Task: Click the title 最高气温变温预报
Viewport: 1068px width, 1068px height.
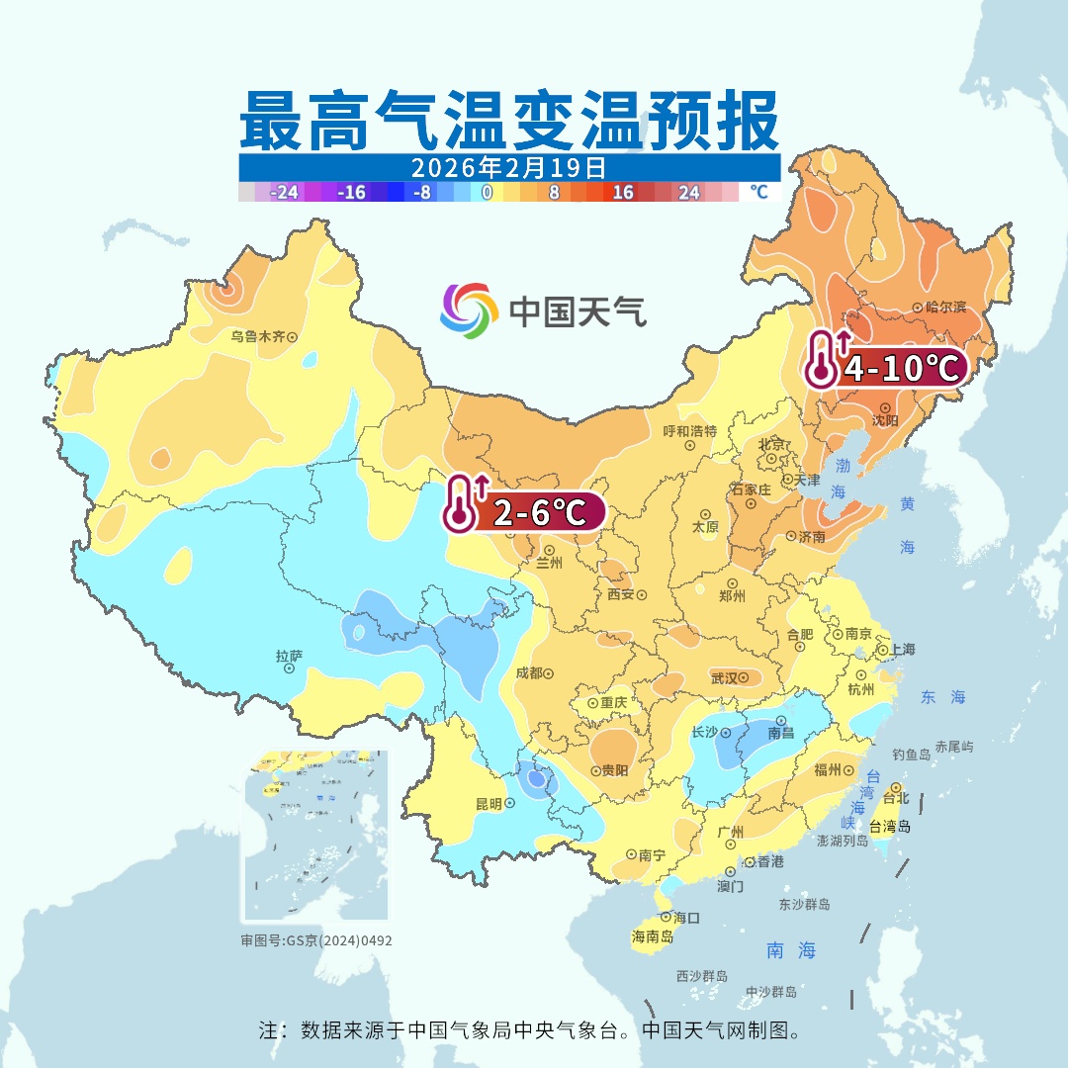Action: pyautogui.click(x=508, y=120)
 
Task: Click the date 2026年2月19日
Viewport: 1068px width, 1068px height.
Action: pyautogui.click(x=508, y=166)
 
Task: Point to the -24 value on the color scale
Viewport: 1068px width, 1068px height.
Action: pyautogui.click(x=285, y=193)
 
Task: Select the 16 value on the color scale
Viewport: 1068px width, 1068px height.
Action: pyautogui.click(x=622, y=193)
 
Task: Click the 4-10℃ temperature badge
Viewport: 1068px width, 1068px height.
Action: pyautogui.click(x=900, y=369)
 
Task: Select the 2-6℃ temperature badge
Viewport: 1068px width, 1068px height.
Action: pyautogui.click(x=535, y=511)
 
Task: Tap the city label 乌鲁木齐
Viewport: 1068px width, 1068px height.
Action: pyautogui.click(x=257, y=337)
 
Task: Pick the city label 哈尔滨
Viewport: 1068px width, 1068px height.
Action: pyautogui.click(x=945, y=308)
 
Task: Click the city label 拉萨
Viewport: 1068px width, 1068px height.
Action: pyautogui.click(x=289, y=655)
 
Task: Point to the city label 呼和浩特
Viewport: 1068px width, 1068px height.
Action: pyautogui.click(x=689, y=431)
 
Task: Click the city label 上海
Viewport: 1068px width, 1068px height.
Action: pyautogui.click(x=902, y=650)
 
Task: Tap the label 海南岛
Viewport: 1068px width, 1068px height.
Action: pyautogui.click(x=653, y=935)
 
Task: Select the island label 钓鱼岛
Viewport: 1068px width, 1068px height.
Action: pyautogui.click(x=911, y=755)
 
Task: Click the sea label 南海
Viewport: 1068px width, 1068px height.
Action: pyautogui.click(x=791, y=950)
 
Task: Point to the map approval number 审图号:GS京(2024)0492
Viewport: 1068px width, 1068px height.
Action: pyautogui.click(x=316, y=940)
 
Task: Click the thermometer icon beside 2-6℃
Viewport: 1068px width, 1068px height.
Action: pyautogui.click(x=456, y=505)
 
